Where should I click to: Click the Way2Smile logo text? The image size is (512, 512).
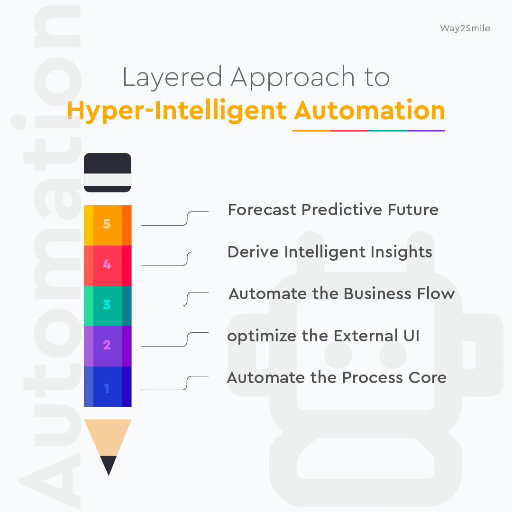[x=465, y=28]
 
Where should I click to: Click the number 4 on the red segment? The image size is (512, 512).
[x=107, y=265]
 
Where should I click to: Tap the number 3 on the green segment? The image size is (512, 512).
[x=107, y=305]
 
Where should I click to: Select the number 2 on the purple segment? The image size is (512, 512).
[x=107, y=345]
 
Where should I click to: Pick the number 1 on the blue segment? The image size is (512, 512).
[x=107, y=388]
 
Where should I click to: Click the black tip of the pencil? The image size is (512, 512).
[x=109, y=464]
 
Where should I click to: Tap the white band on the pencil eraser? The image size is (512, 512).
[x=108, y=180]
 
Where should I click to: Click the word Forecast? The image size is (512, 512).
[x=262, y=210]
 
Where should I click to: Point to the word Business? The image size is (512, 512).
[x=376, y=294]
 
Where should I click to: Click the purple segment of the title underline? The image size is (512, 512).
[x=426, y=130]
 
